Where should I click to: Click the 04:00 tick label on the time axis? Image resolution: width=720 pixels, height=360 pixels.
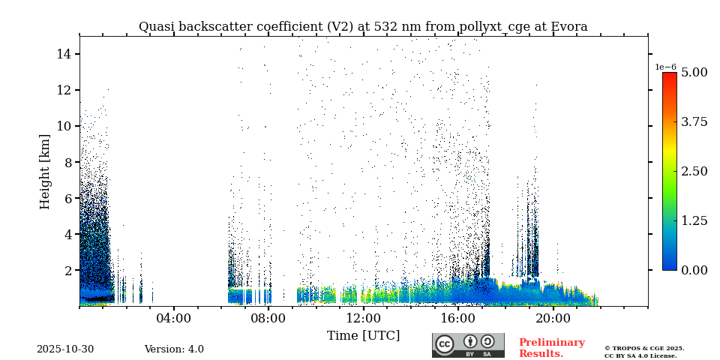(x=174, y=318)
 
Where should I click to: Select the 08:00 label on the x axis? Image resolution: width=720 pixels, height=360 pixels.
(x=268, y=318)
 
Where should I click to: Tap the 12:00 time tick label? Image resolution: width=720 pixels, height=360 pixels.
(x=363, y=318)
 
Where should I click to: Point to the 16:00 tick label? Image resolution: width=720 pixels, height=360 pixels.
(x=458, y=318)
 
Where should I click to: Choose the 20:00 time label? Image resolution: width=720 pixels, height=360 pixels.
(x=553, y=318)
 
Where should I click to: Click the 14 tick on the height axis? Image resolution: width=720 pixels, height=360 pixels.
(x=64, y=54)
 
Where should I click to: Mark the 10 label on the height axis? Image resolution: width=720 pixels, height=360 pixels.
(x=64, y=126)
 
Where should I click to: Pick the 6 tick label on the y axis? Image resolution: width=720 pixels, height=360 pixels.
(x=67, y=198)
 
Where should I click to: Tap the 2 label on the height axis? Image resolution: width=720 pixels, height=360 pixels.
(x=67, y=270)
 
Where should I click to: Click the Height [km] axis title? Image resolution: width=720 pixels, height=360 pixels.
(x=45, y=171)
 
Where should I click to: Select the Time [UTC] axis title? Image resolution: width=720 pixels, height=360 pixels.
(x=363, y=335)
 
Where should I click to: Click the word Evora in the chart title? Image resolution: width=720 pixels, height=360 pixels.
(x=568, y=27)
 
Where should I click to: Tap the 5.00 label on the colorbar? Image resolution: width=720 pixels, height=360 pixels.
(x=694, y=73)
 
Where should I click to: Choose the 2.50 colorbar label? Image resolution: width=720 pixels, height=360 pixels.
(x=694, y=171)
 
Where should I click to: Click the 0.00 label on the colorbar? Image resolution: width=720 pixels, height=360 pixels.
(x=694, y=270)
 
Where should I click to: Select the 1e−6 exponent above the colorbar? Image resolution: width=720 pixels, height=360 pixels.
(x=666, y=67)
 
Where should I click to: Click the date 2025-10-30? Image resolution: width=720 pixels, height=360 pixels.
(x=65, y=349)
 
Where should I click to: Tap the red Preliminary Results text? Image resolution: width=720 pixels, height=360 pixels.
(x=551, y=348)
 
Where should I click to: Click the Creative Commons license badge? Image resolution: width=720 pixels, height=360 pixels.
(x=468, y=345)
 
